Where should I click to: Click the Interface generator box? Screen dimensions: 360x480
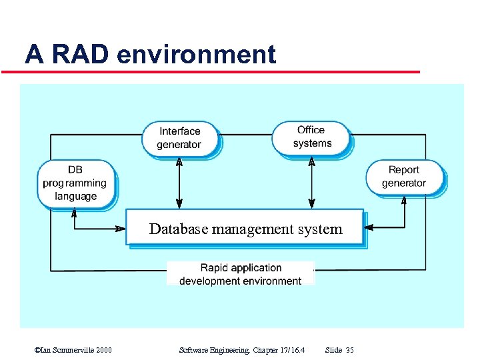point(179,138)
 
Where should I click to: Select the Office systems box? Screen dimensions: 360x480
point(311,137)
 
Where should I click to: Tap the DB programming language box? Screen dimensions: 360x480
point(75,183)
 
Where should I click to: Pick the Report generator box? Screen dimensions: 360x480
point(404,177)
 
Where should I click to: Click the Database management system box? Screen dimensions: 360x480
point(245,229)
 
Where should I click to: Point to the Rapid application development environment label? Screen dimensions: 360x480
point(241,274)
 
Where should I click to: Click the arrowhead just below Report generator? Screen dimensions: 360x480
point(404,200)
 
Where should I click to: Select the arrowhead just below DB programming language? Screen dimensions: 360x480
point(74,213)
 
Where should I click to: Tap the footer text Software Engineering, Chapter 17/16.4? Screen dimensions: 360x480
point(242,350)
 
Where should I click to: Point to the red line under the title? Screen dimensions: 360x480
point(220,72)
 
